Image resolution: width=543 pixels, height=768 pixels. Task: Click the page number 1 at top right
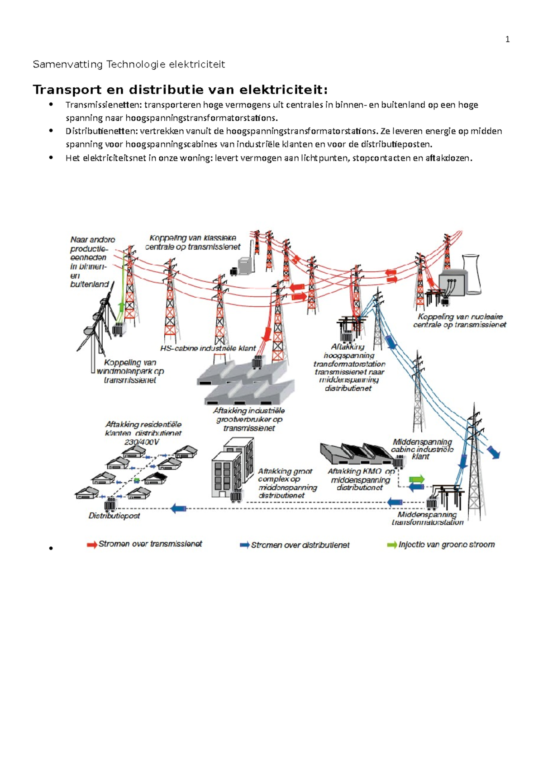click(507, 40)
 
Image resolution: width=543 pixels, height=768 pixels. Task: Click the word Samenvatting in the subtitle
click(68, 64)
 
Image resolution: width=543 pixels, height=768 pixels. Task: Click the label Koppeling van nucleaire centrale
click(460, 321)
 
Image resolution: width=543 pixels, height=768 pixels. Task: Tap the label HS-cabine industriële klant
click(208, 348)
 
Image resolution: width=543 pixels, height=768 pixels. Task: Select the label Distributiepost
click(114, 516)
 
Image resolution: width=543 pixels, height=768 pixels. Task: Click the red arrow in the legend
click(92, 545)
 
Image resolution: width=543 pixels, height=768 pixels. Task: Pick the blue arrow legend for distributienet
click(245, 545)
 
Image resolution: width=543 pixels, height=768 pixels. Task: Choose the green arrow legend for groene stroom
click(392, 545)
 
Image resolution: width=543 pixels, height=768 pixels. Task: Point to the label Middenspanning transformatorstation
click(428, 518)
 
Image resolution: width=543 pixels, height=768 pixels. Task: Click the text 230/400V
click(142, 442)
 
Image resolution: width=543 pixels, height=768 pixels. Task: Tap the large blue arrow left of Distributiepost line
click(179, 508)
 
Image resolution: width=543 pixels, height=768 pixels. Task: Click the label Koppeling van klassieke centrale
click(193, 242)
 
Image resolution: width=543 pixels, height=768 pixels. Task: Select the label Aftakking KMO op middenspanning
click(361, 479)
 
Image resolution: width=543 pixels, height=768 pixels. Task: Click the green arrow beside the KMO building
click(417, 479)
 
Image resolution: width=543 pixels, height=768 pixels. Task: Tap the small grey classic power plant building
click(246, 266)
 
